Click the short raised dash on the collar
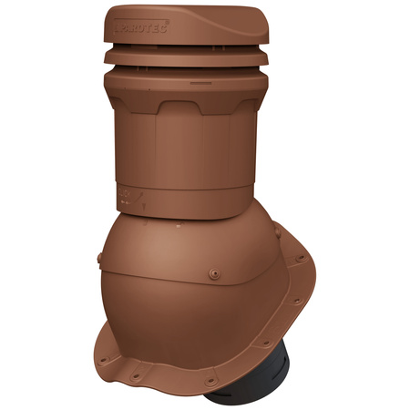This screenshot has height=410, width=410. coord(195,84)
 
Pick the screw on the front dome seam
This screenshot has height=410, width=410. coord(211,271)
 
